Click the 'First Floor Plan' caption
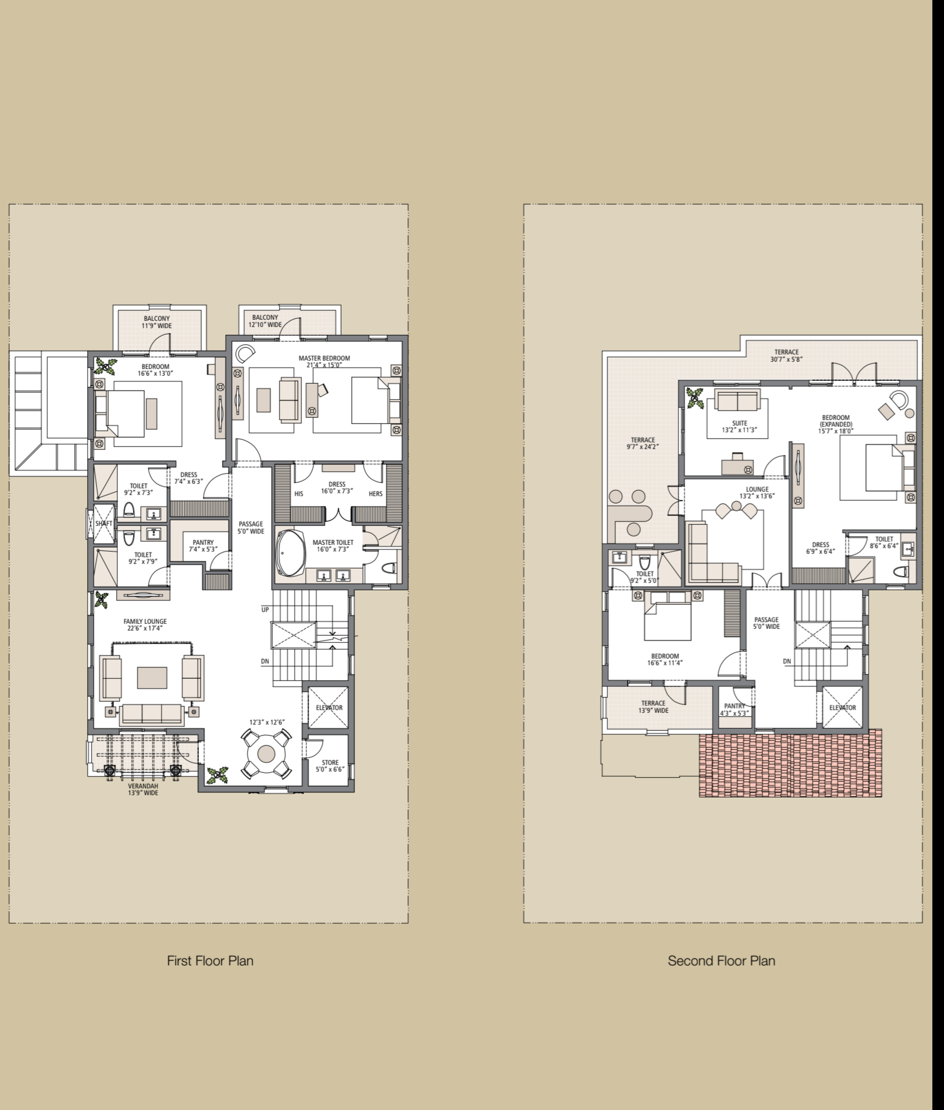[x=210, y=960]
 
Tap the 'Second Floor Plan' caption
[x=721, y=960]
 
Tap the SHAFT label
[x=104, y=523]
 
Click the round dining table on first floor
[x=267, y=754]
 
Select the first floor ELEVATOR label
[x=329, y=707]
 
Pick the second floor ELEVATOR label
[x=842, y=707]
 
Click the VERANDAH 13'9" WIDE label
[x=143, y=789]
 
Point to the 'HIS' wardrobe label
[x=299, y=494]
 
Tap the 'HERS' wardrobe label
[x=375, y=494]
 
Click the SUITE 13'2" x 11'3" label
[x=739, y=427]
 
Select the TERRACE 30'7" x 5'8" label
[x=786, y=356]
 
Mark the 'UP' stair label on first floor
[x=265, y=609]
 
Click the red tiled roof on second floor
[x=790, y=762]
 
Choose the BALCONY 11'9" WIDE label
[x=157, y=322]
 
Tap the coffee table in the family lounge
[x=152, y=677]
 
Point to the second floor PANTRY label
[x=735, y=710]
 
